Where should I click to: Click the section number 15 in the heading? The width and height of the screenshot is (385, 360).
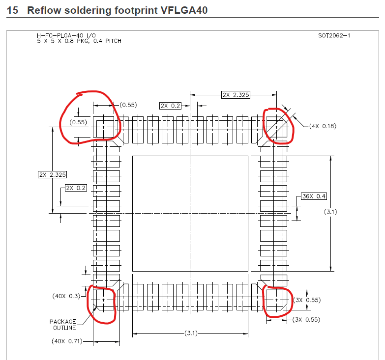[x=13, y=10]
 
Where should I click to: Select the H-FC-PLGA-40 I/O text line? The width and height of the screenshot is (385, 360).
[x=66, y=36]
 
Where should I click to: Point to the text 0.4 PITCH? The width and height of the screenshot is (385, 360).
[x=105, y=41]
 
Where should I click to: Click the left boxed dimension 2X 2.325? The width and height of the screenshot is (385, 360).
[x=52, y=174]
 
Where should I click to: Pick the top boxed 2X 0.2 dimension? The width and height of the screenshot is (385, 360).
[x=170, y=106]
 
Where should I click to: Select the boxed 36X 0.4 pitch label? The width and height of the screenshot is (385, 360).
[x=314, y=196]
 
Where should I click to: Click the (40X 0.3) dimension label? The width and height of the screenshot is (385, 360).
[x=66, y=296]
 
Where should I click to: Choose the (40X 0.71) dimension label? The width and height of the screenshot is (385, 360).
[x=66, y=341]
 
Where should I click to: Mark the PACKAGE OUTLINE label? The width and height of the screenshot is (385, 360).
[x=63, y=325]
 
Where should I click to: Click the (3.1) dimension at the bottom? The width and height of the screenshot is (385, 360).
[x=191, y=333]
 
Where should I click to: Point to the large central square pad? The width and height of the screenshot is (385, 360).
[x=190, y=213]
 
